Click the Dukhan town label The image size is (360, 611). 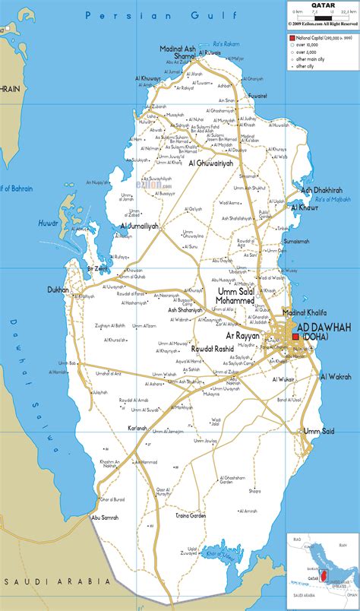[57, 290]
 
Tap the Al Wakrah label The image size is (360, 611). [335, 376]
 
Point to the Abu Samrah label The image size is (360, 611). [106, 518]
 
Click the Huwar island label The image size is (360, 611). [48, 223]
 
